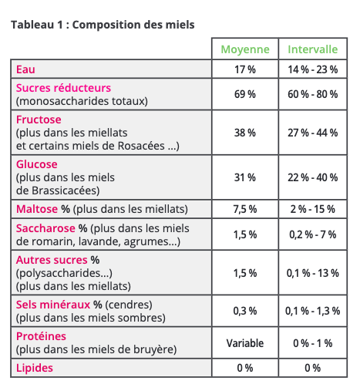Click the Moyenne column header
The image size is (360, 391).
coord(245,49)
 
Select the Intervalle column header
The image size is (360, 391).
coord(312,49)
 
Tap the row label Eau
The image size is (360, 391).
coord(25,69)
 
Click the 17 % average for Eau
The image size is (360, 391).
coord(245,69)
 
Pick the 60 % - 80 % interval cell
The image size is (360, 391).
coord(312,94)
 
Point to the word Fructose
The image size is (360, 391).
coord(39,120)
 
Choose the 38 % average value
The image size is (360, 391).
coord(245,133)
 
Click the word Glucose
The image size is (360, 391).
coord(37,164)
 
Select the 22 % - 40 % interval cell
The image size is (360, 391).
coord(312,177)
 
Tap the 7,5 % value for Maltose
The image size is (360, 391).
coord(245,209)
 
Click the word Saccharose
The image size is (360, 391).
coord(45,228)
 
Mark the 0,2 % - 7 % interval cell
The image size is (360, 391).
coord(312,234)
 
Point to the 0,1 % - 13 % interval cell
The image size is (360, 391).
coord(312,273)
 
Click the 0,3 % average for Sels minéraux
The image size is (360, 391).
coord(245,311)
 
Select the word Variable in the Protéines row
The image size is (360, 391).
coord(245,343)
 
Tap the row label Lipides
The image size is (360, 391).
coord(35,368)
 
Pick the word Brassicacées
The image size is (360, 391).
coord(66,190)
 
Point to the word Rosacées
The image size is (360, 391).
coord(141,146)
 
